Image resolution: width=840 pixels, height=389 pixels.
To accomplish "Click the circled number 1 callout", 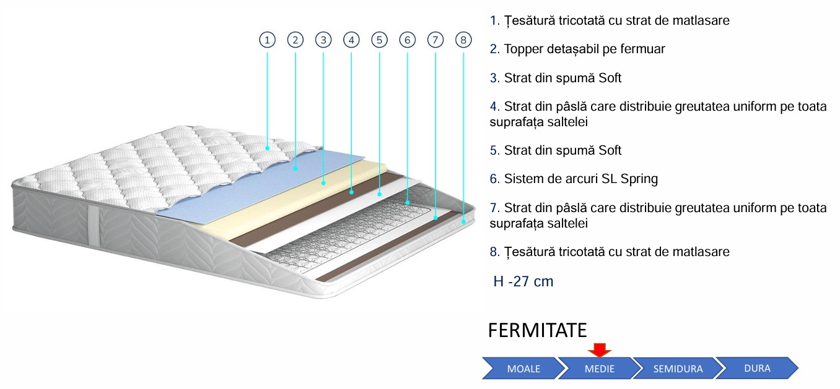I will [x=267, y=40].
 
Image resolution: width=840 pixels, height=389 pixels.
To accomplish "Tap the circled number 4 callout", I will [x=351, y=40].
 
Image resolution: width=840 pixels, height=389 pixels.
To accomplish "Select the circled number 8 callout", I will [x=463, y=40].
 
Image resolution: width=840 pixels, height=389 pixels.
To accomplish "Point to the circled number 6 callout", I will [x=407, y=40].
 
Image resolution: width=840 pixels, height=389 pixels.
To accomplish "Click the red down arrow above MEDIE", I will [x=599, y=350].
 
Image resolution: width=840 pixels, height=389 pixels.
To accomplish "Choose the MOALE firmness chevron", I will [x=522, y=369].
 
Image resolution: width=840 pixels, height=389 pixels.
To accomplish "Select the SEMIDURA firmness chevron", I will [x=677, y=369].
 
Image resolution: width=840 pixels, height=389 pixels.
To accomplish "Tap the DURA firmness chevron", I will [x=756, y=368].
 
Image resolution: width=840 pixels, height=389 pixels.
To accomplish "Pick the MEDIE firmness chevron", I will [x=599, y=369].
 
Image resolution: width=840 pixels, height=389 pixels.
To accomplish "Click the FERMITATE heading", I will [x=537, y=330].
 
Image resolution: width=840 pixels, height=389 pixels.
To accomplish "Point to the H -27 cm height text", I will [x=523, y=282].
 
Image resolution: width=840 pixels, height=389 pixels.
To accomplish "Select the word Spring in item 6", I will [x=638, y=179].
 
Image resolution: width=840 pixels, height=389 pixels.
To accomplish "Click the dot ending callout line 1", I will [x=267, y=148].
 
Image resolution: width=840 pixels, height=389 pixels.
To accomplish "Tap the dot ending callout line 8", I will [x=463, y=220].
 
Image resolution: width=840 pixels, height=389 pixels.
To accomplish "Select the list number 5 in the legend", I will [x=494, y=150].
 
